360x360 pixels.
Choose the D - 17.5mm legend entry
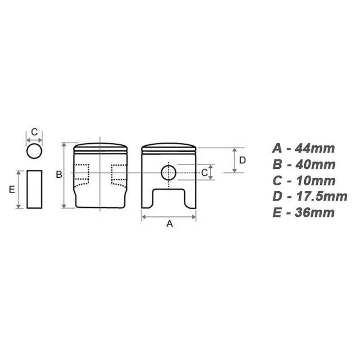[x=309, y=196]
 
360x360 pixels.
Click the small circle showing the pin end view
[x=34, y=152]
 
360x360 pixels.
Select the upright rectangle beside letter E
[x=34, y=189]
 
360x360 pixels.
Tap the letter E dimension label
[x=12, y=189]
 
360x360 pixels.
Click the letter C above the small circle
[x=34, y=133]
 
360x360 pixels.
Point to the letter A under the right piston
[x=170, y=224]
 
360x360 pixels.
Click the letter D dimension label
[x=242, y=160]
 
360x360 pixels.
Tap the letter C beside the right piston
[x=204, y=172]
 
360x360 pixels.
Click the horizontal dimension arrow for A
[x=169, y=216]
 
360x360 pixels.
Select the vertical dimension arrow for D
[x=234, y=160]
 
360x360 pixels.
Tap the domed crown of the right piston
[x=169, y=148]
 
